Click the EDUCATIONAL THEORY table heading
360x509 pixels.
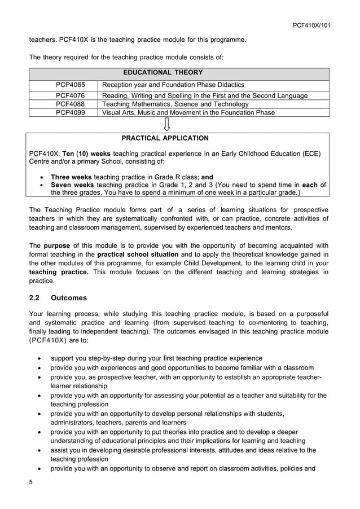point(163,72)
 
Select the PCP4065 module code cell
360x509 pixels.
point(70,85)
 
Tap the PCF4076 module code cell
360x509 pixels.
point(70,96)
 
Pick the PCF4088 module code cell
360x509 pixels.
point(70,104)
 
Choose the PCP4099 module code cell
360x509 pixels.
point(70,112)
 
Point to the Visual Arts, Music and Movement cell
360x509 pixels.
point(188,112)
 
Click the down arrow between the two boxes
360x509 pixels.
point(167,124)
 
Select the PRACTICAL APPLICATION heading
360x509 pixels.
point(165,138)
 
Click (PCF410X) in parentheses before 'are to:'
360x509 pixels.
point(47,341)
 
